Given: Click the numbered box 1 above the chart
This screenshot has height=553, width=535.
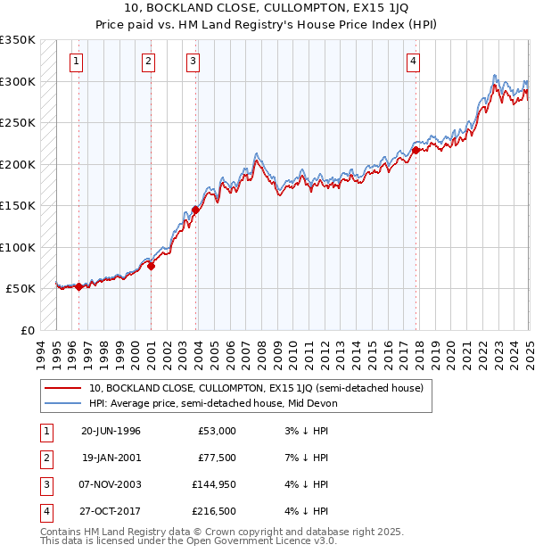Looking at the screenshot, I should [x=77, y=62].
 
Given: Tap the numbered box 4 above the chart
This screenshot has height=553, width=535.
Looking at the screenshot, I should [x=414, y=62].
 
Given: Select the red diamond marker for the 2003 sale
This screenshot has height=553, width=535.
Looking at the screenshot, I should [x=194, y=210].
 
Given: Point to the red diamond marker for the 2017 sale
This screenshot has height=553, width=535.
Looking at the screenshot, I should [x=416, y=151].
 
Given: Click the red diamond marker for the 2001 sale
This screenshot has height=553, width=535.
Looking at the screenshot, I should [x=151, y=266].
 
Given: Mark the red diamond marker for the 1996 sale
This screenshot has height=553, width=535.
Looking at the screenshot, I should [x=78, y=286].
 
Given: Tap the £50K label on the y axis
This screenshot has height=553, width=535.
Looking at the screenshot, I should [x=21, y=289].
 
